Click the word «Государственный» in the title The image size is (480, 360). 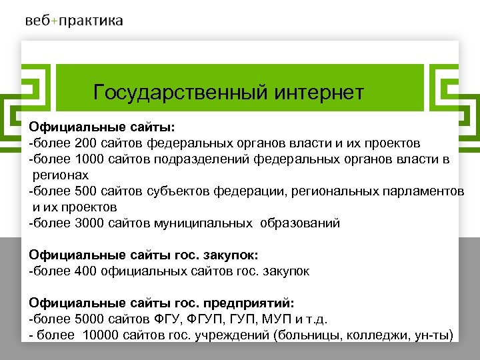180,92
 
